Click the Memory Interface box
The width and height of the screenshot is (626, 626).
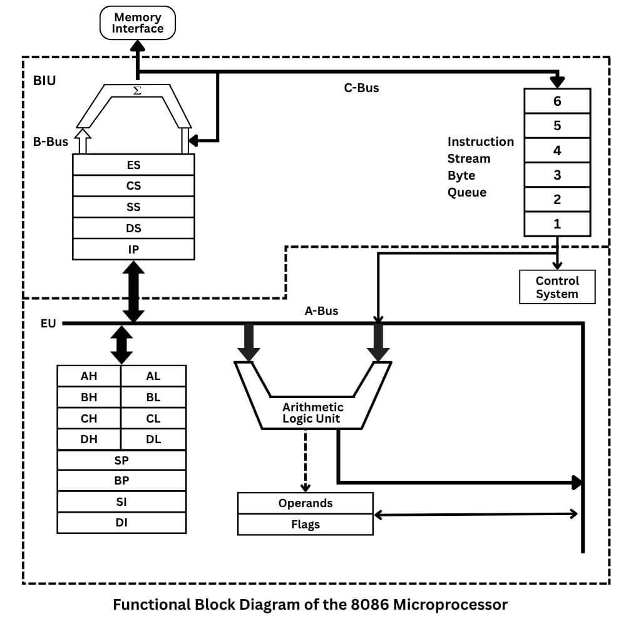pos(138,23)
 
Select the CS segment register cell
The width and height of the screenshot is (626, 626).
pos(133,186)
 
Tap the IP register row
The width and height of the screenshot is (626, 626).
pos(133,249)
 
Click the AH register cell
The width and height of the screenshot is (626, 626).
pos(89,376)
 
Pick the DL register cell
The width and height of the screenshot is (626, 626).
pos(153,439)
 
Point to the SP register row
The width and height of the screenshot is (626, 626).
pos(121,460)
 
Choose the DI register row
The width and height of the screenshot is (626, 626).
pos(121,522)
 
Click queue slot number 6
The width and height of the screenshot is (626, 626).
pos(557,101)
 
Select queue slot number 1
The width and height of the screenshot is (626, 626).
pos(557,224)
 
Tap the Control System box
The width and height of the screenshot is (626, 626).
pos(557,287)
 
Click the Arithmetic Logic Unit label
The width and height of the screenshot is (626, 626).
pos(312,413)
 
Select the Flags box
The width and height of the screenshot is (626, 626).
pos(305,525)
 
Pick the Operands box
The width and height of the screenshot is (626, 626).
pos(305,503)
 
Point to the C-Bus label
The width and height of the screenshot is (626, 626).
pos(361,88)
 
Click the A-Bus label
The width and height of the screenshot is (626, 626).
pos(321,310)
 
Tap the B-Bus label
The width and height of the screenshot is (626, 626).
pos(51,142)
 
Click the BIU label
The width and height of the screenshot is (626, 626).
pos(44,81)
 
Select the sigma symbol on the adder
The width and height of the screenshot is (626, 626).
pos(138,91)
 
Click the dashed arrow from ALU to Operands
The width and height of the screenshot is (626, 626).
pos(305,460)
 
